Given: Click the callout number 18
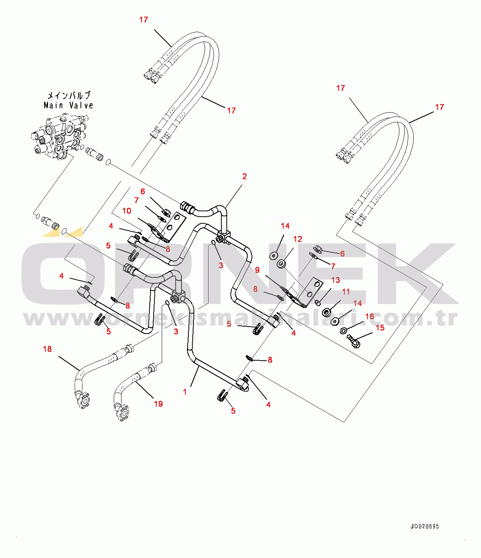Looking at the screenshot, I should (x=47, y=349).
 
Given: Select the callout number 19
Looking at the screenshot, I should (x=158, y=404).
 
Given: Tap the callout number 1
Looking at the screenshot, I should (x=185, y=392).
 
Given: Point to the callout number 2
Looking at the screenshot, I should (x=245, y=176).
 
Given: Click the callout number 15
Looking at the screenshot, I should (x=380, y=328).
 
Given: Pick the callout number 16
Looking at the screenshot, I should (x=370, y=317).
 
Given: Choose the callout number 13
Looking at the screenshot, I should (x=336, y=280).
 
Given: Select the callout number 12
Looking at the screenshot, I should (x=298, y=239).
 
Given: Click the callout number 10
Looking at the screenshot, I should (x=127, y=211).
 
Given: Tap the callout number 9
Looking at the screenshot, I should (x=257, y=270).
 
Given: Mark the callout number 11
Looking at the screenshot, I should (x=346, y=291).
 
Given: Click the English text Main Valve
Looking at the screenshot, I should (x=68, y=105).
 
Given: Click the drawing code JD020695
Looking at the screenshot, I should (x=425, y=526).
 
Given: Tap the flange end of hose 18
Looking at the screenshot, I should (x=83, y=401).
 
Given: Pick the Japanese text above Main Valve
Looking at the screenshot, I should (x=68, y=95).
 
